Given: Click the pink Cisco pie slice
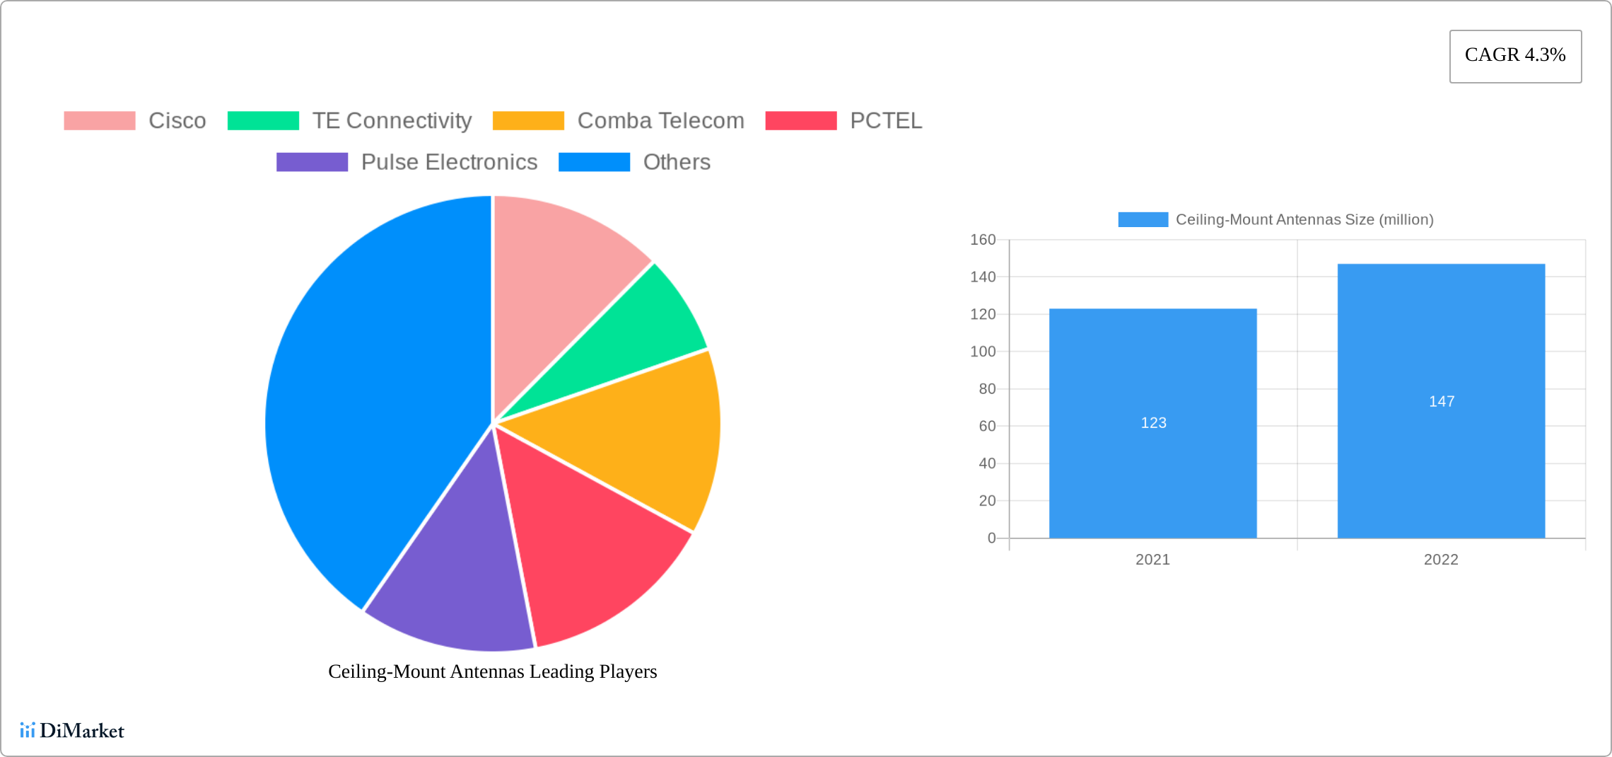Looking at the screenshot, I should pos(559,283).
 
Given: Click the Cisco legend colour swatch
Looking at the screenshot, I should pos(100,121).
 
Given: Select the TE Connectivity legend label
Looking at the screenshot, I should pos(392,121).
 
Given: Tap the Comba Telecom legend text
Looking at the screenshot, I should pos(660,121).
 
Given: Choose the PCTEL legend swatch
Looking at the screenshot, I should pos(801,121).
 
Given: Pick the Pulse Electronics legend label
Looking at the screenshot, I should pos(449,162).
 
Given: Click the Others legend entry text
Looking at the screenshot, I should pos(677,162).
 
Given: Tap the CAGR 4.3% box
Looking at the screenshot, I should pos(1515,56).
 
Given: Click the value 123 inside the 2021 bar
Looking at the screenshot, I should pos(1153,423).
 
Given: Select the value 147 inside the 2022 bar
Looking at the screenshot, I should pos(1442,402).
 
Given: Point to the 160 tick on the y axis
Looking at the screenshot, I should pos(983,240).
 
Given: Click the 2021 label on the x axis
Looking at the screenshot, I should pos(1152,560).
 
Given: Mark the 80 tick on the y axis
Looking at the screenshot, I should pos(987,389).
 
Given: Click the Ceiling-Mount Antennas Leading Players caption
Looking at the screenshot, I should pos(492,671).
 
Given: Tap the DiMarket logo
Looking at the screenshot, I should pos(72,730).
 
